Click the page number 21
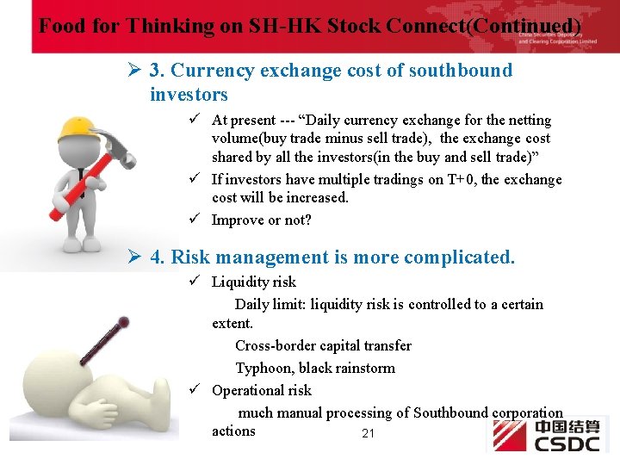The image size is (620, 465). pyautogui.click(x=368, y=433)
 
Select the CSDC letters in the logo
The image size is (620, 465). pyautogui.click(x=567, y=443)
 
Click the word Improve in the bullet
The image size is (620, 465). pyautogui.click(x=238, y=220)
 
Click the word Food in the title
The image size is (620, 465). pyautogui.click(x=61, y=26)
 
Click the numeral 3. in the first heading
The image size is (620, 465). pyautogui.click(x=158, y=71)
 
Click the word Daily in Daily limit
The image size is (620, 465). pyautogui.click(x=251, y=304)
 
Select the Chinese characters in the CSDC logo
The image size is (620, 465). pyautogui.click(x=567, y=427)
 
